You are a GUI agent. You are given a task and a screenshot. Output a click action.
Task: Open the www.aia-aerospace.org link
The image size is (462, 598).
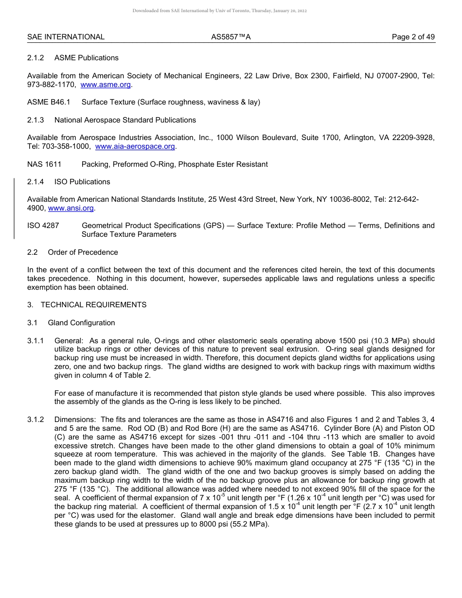point(135,146)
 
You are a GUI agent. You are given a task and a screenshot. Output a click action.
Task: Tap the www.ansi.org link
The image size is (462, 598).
point(71,208)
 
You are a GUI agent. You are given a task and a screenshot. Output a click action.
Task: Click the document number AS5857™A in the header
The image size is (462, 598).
point(231,37)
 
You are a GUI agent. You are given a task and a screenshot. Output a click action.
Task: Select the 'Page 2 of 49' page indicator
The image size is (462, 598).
point(413,37)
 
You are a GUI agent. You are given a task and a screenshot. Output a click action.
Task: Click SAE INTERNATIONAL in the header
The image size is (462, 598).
point(66,37)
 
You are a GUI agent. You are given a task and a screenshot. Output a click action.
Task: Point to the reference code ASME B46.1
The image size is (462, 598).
point(49,102)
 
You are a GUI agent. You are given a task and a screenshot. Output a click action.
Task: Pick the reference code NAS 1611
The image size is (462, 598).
point(44,164)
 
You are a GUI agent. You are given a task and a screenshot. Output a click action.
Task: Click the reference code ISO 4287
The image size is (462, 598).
point(43,226)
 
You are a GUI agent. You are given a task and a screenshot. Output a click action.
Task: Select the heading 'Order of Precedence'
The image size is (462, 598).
point(83,252)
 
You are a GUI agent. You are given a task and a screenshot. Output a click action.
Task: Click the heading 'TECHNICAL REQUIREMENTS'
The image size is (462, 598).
point(93,305)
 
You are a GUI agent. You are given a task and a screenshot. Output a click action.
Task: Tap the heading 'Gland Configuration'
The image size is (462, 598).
point(81,323)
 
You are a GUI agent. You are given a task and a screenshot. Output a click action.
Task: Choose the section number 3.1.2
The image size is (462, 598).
point(36,420)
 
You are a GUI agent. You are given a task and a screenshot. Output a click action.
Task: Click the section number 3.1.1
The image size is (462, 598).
point(36,341)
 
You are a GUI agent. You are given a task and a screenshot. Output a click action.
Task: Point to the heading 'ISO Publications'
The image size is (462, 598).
point(82,182)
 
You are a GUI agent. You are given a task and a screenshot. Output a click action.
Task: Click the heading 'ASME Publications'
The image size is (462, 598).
point(86,58)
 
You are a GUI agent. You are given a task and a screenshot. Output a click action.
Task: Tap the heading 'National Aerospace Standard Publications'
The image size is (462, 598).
point(125,120)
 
